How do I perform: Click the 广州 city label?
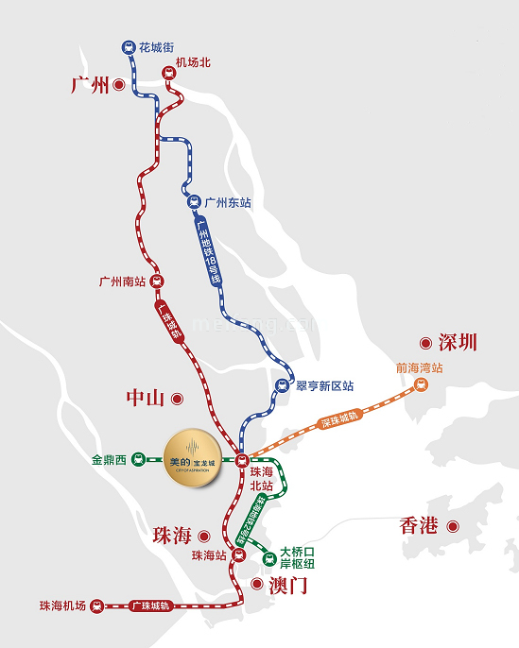[91, 85]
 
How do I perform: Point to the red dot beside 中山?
[176, 399]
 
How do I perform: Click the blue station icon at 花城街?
[128, 47]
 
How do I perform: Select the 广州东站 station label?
[228, 202]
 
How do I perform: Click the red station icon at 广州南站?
[157, 281]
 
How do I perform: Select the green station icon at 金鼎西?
[137, 460]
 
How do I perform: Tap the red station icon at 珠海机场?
[95, 605]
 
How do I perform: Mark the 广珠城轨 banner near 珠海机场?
[150, 605]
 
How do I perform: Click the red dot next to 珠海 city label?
[203, 536]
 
